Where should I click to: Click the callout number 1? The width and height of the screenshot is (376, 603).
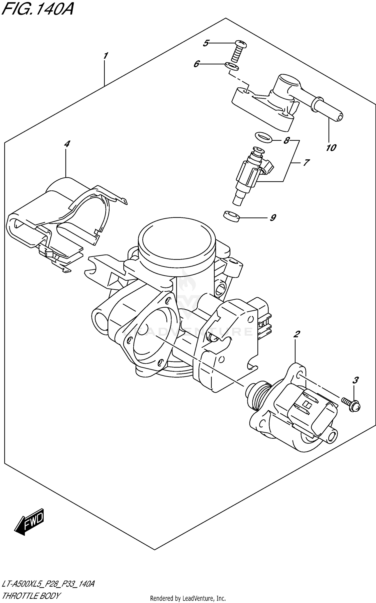tap(106, 56)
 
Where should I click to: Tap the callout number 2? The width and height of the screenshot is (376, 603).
tap(297, 334)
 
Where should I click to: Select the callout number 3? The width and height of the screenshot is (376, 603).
tap(355, 381)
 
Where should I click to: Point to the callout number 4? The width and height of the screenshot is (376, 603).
tap(67, 144)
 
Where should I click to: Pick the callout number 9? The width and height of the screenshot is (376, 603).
tap(273, 217)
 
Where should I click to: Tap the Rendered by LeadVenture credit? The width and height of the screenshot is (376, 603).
tap(188, 598)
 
